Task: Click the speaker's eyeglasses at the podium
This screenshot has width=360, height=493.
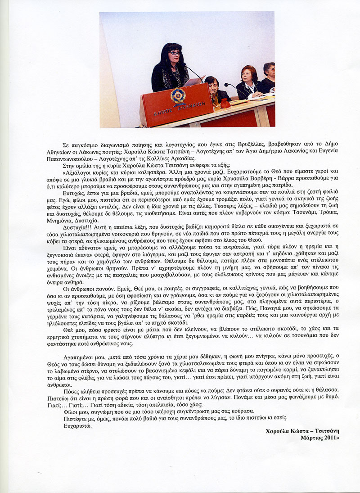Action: (x=175, y=53)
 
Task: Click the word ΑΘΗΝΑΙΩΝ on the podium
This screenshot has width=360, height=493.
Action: (x=194, y=104)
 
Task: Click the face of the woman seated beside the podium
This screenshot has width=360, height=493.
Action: (x=210, y=84)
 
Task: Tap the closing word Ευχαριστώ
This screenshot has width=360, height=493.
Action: (x=77, y=425)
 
